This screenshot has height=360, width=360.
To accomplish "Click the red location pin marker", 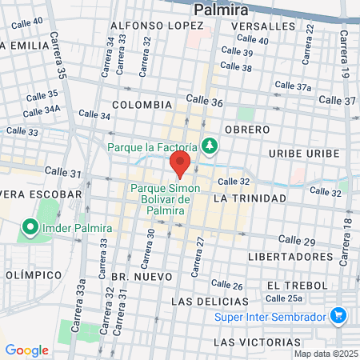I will [180, 166].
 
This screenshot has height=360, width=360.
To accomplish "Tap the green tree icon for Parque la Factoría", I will [209, 146].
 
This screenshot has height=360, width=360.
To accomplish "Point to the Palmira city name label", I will [221, 10].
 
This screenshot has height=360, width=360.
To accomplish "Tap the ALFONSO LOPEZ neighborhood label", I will [157, 26].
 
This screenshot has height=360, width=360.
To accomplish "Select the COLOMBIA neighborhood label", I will [142, 105].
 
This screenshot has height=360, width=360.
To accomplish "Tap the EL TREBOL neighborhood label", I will [296, 285].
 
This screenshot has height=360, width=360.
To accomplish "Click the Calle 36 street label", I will [204, 101].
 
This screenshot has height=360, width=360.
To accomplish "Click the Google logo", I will [26, 350].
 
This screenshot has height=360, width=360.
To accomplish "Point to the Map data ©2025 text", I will [326, 354].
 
